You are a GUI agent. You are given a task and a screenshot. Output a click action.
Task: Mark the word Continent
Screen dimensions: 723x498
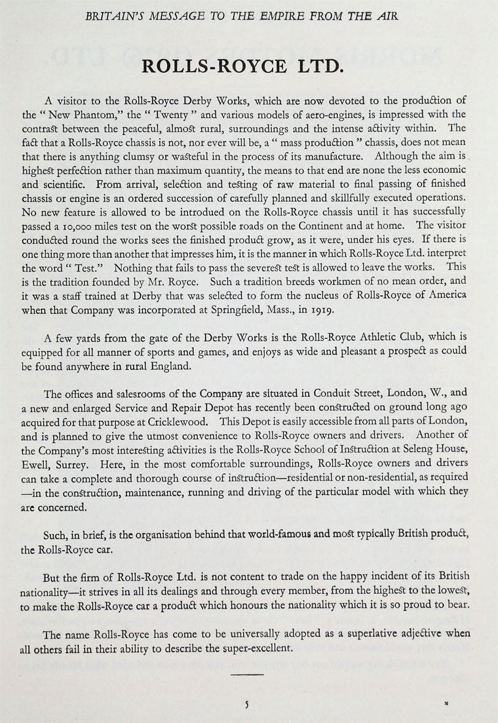pyautogui.click(x=317, y=225)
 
